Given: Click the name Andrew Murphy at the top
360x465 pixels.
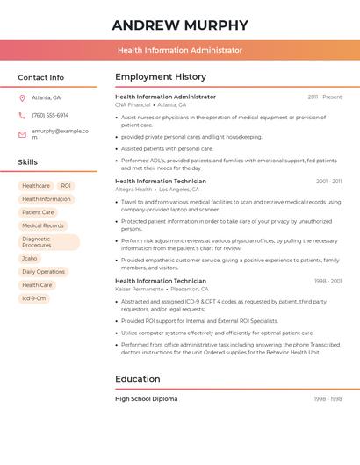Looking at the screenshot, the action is [x=180, y=25].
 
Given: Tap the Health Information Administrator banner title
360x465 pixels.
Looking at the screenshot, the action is [x=180, y=50].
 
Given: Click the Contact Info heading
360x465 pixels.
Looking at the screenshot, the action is [x=41, y=77].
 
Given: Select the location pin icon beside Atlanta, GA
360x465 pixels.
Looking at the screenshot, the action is [x=22, y=97].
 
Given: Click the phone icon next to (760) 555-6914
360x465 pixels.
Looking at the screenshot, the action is [x=22, y=115].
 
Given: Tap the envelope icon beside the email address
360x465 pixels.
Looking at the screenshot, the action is [x=22, y=133].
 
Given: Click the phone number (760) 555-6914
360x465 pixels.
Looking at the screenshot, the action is [x=50, y=115].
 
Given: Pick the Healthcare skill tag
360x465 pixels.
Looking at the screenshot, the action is [x=36, y=186].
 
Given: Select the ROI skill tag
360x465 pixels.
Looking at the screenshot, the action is [x=66, y=186].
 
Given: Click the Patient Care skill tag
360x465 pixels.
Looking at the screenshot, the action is [x=38, y=212].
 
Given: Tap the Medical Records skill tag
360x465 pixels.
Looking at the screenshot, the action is [x=43, y=225].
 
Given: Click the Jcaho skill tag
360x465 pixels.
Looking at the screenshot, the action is [x=30, y=259].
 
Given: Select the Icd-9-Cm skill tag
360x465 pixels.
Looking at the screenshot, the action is [x=34, y=298].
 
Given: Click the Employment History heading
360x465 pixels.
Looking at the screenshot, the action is [x=161, y=77].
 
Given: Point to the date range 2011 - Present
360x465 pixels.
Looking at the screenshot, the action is [x=325, y=97].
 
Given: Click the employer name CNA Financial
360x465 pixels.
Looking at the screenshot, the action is [x=133, y=104].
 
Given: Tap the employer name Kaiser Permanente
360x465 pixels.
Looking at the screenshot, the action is [x=139, y=289].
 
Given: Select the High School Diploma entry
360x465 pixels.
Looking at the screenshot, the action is [x=146, y=398].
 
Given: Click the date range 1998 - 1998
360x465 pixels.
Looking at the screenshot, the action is [x=328, y=398].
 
